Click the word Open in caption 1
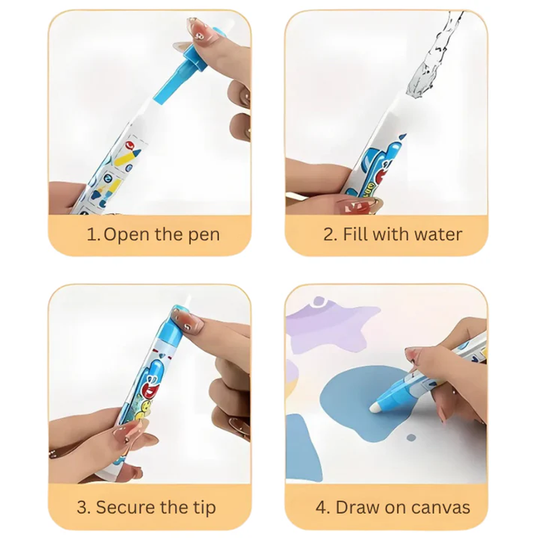126,235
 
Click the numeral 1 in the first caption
91,235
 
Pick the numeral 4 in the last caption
321,508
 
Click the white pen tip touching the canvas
376,408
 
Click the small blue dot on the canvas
411,438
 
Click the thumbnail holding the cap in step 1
202,32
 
